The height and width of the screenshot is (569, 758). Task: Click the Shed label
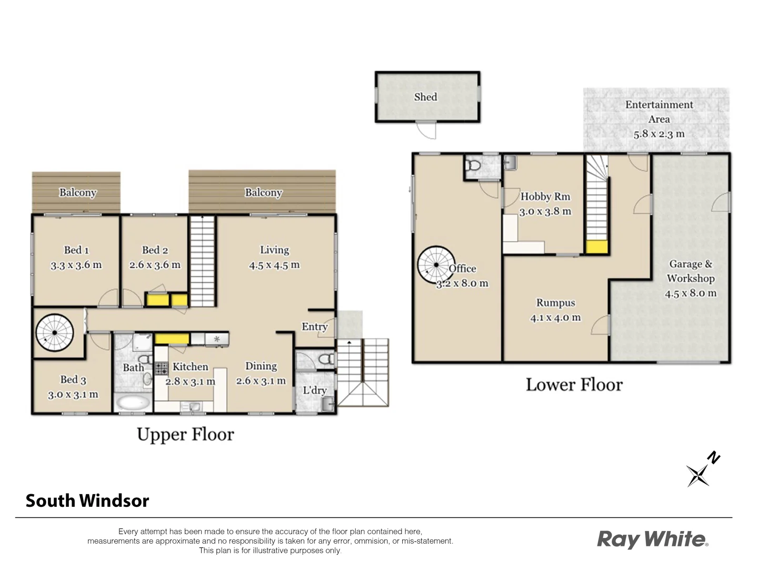[x=425, y=97]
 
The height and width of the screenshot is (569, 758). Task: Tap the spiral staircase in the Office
[x=436, y=264]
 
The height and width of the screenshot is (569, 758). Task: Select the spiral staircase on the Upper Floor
[x=54, y=333]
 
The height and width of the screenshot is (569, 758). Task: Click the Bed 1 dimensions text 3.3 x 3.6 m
[x=76, y=265]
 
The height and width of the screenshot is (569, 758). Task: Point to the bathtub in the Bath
[x=133, y=403]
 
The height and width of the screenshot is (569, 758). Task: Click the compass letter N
[x=713, y=457]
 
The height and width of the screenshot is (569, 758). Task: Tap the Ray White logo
[x=652, y=539]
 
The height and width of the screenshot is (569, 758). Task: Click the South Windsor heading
[x=87, y=501]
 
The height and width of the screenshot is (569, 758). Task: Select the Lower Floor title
[x=574, y=385]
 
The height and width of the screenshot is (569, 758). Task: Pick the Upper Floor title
[x=185, y=435]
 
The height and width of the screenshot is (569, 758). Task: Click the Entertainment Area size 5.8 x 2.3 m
[x=659, y=134]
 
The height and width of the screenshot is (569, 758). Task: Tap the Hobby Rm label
[x=545, y=197]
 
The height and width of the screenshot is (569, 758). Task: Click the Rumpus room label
[x=556, y=303]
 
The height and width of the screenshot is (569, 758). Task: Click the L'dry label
[x=315, y=390]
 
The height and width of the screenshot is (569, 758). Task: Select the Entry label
[x=314, y=327]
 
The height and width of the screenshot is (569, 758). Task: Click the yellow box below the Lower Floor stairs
[x=597, y=247]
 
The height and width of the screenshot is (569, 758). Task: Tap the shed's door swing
[x=426, y=131]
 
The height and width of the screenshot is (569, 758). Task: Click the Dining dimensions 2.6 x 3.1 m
[x=261, y=381]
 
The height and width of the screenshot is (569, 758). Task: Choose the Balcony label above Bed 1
[x=77, y=192]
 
